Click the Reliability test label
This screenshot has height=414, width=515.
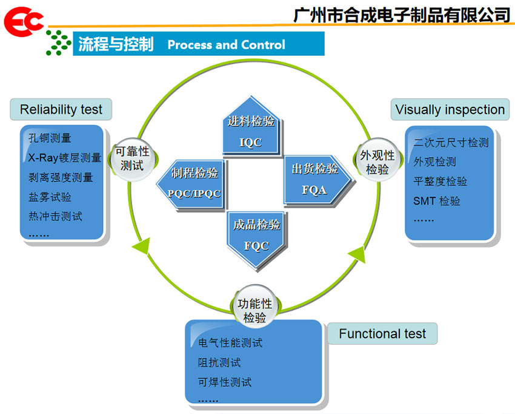[x=61, y=110]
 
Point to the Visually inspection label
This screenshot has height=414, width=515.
[x=450, y=110]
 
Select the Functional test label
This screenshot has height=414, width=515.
[x=382, y=334]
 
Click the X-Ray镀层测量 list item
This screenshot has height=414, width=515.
[x=65, y=158]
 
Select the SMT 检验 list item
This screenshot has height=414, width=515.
[x=437, y=201]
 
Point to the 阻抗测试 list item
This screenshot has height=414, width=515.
[x=219, y=362]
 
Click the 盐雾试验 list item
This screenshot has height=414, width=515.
[x=50, y=197]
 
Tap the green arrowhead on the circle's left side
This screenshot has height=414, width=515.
[x=141, y=246]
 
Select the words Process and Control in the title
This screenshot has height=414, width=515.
[x=226, y=45]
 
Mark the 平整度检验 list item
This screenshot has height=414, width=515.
[x=440, y=182]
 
